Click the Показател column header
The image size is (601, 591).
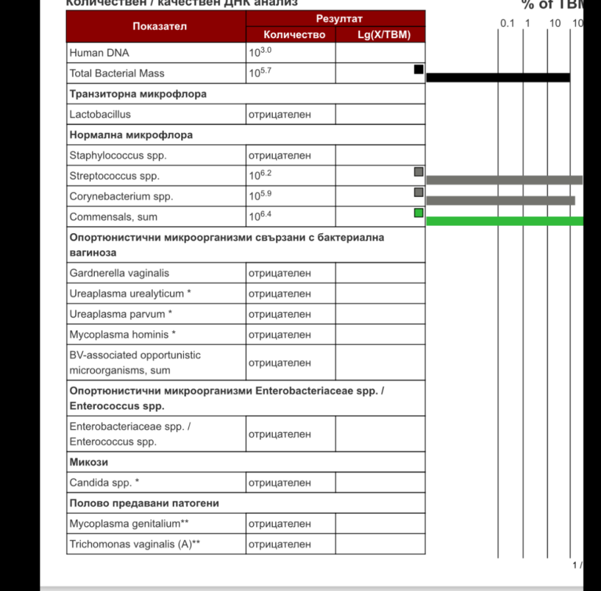[x=159, y=27]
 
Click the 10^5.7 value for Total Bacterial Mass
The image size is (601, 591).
[x=260, y=72]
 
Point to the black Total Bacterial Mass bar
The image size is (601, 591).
[x=498, y=78]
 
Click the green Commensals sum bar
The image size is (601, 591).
[x=504, y=221]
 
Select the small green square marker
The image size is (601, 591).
[x=418, y=213]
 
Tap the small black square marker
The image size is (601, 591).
[x=418, y=69]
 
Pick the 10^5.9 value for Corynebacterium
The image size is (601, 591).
[x=260, y=196]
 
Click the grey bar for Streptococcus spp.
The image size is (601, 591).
[x=504, y=180]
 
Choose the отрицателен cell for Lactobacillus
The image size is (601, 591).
[x=279, y=115]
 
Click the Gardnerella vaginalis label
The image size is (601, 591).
[x=119, y=273]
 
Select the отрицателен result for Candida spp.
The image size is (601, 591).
[x=279, y=483]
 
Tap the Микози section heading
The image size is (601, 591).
[x=89, y=463]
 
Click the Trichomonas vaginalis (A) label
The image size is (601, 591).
[x=135, y=544]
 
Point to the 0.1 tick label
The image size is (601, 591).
[x=507, y=24]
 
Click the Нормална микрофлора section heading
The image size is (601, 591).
[x=131, y=135]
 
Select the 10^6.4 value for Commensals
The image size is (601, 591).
[x=260, y=216]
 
